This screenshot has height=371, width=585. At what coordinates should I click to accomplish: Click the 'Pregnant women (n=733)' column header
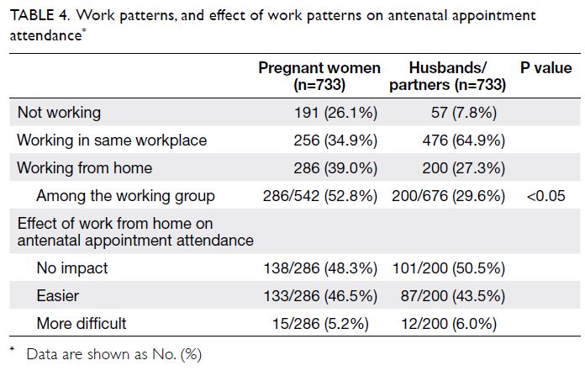(x=319, y=77)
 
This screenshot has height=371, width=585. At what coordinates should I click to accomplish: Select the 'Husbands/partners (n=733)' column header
(x=448, y=77)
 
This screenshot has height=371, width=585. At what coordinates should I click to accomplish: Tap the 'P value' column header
(x=545, y=68)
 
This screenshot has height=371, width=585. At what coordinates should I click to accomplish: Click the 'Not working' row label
(x=59, y=113)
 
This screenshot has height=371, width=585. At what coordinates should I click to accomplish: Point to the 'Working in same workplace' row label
(x=112, y=140)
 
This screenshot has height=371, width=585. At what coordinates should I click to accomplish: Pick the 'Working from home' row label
(x=85, y=168)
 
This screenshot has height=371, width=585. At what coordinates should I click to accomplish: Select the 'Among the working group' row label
(x=126, y=195)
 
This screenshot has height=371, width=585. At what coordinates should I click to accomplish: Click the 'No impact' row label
(x=72, y=268)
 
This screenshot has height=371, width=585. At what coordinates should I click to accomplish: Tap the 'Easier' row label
(x=58, y=295)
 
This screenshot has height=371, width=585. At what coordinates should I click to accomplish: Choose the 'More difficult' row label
(x=82, y=323)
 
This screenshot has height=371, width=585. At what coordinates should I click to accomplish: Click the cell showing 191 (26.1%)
(x=335, y=113)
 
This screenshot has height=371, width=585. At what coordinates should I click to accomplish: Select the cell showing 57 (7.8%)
(x=464, y=113)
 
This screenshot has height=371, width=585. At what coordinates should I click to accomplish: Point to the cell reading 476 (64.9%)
(x=464, y=140)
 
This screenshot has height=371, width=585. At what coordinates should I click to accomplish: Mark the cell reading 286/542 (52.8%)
(x=320, y=196)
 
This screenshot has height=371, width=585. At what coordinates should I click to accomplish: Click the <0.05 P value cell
(x=545, y=196)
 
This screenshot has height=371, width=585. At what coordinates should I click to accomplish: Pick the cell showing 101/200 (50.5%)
(x=449, y=268)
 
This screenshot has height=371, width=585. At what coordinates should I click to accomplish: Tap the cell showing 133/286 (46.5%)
(x=320, y=296)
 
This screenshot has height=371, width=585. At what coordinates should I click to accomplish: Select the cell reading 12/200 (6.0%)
(x=449, y=324)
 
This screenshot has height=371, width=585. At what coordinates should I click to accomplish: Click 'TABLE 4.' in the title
(x=40, y=15)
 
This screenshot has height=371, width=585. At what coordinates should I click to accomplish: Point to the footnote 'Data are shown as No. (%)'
(x=114, y=354)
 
